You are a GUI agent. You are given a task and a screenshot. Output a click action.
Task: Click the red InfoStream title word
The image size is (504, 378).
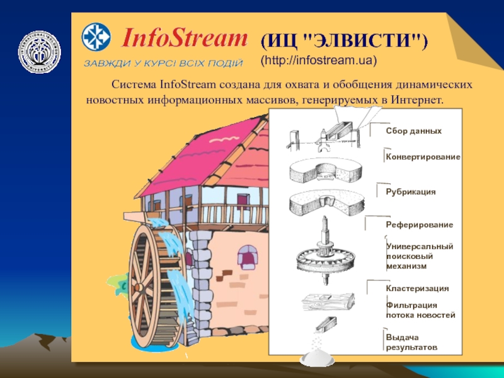[183, 39]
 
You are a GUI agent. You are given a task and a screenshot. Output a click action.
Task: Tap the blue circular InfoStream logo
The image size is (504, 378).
[98, 37]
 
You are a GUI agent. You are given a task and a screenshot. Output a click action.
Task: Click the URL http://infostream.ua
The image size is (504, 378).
[319, 61]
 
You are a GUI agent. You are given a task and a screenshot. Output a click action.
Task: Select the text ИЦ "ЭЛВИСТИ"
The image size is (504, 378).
[344, 42]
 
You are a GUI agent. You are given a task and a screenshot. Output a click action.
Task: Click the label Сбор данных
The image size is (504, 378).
[413, 131]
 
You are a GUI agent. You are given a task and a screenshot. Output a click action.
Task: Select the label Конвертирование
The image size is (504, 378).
[423, 156]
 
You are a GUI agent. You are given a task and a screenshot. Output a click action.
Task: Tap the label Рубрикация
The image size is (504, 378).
[411, 190]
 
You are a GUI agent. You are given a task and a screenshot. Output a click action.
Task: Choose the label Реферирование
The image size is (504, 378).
[419, 224]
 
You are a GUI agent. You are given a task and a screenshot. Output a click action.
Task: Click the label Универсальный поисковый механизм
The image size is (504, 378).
[411, 256]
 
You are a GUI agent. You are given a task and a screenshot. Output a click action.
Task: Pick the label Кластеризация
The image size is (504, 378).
[417, 288]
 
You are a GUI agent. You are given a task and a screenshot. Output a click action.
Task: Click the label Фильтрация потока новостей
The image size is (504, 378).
[420, 309]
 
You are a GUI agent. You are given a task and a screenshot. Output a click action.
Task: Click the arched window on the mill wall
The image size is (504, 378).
[247, 256]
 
